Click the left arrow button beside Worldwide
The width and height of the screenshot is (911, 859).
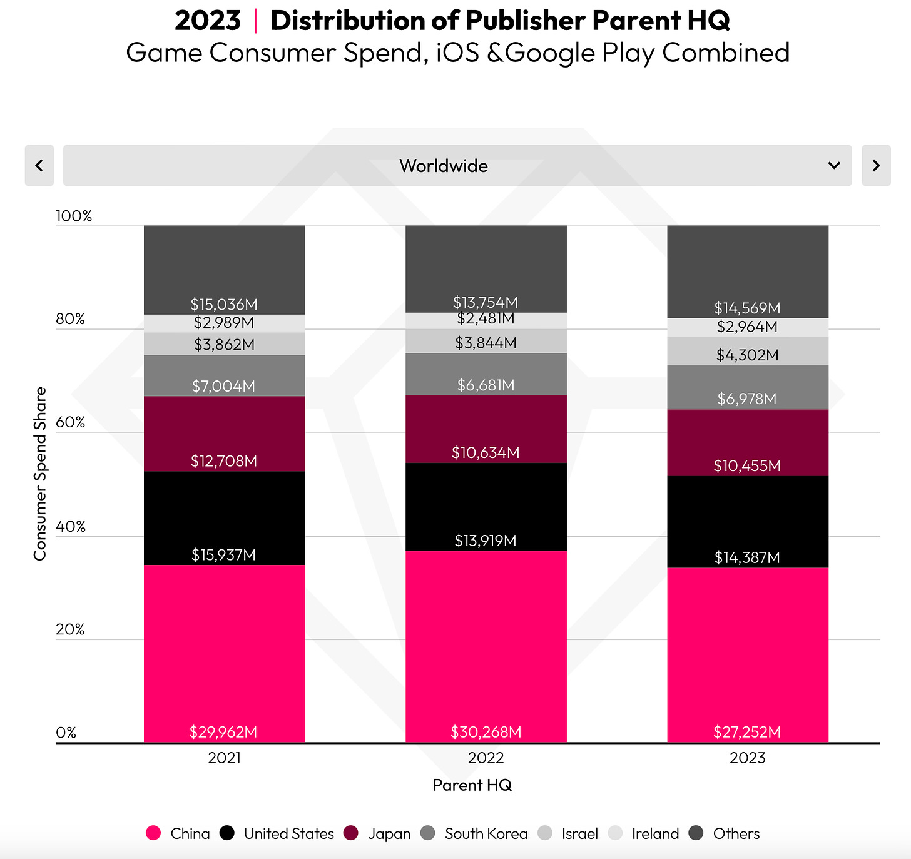pos(39,166)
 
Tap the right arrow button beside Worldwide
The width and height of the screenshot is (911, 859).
pos(876,166)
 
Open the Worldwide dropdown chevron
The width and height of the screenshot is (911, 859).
pos(833,166)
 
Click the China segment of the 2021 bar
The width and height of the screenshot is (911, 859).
pos(224,651)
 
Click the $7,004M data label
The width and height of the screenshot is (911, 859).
pos(223,386)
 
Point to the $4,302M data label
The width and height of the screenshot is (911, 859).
pos(747,355)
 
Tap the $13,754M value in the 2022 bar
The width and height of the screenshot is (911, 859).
pos(486,303)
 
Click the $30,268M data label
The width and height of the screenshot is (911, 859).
pos(486,732)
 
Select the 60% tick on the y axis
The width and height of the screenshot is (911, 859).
pos(70,422)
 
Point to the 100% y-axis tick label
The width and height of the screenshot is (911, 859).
pos(74,216)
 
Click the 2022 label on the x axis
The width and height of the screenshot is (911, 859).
pos(486,758)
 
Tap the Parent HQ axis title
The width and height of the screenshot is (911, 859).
pos(472,785)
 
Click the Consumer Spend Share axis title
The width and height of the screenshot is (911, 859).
pos(40,474)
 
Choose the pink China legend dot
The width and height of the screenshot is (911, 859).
pos(153,833)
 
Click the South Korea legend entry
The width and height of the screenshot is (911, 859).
pos(486,834)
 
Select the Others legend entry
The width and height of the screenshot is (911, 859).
pos(736,834)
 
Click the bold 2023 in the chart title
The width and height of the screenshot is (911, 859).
pos(207,21)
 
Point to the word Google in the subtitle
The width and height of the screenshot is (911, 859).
pos(549,53)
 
